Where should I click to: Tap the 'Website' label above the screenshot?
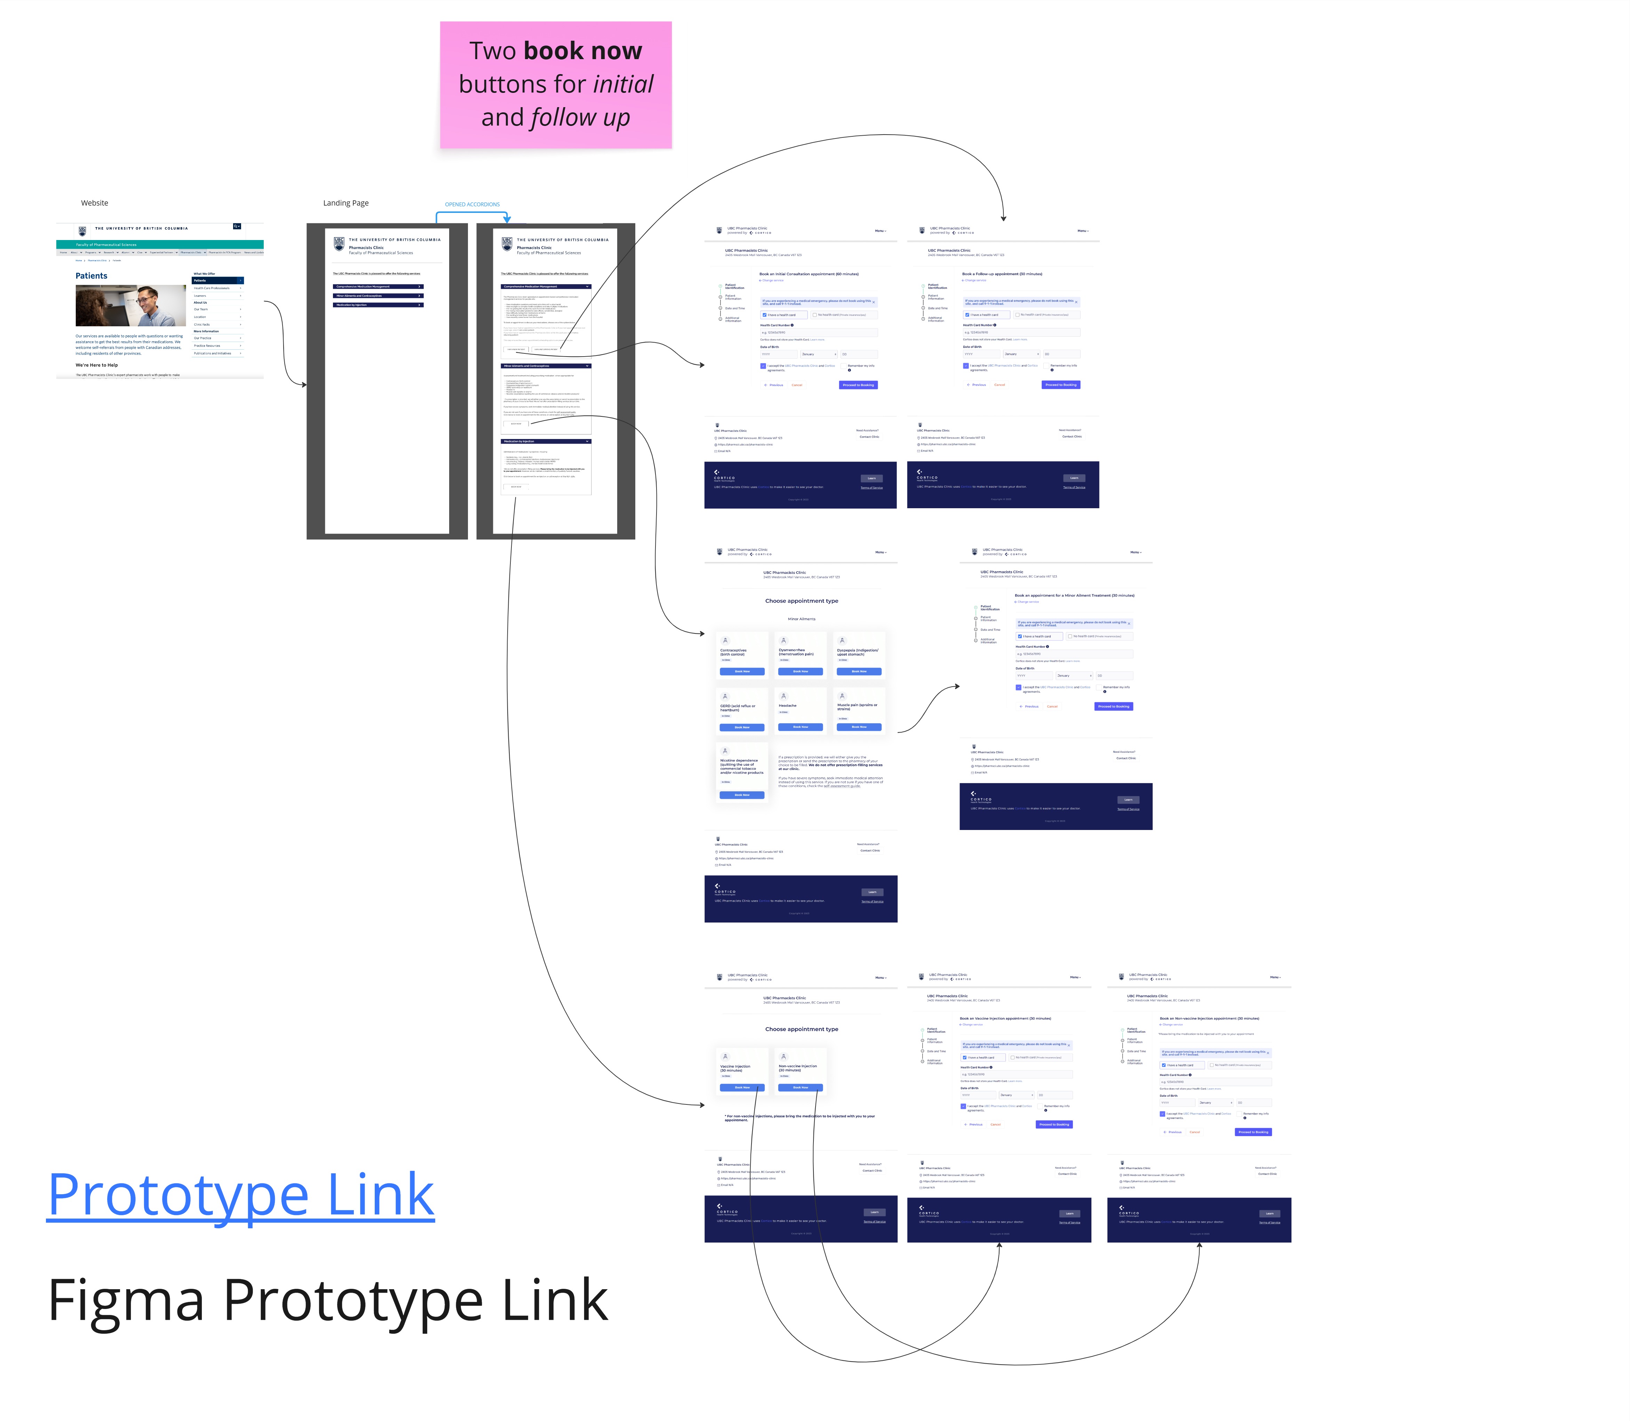94,203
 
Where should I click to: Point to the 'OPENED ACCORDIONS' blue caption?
472,205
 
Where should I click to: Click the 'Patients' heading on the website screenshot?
91,276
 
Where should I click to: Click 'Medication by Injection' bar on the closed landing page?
378,304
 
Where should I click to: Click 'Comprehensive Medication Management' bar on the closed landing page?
378,286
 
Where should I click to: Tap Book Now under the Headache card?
800,726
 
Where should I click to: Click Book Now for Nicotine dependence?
742,795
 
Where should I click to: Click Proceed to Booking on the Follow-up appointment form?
1060,385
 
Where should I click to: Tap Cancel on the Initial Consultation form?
796,385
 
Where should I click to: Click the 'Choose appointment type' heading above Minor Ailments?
801,601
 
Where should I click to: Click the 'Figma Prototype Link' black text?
328,1301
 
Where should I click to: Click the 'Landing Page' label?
346,203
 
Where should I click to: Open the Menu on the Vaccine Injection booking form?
1075,977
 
